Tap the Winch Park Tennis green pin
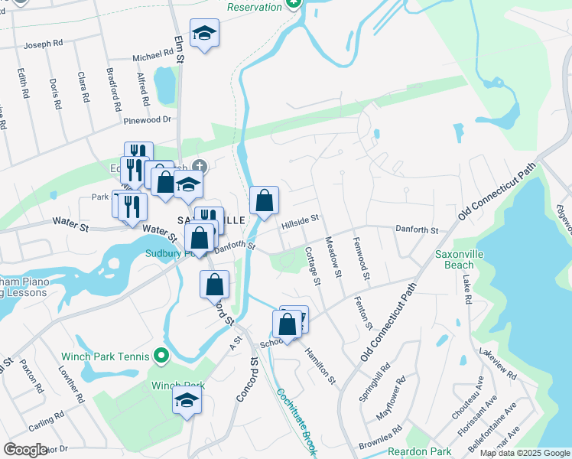[x=160, y=356]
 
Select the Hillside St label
[x=299, y=220]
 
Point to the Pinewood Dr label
[x=147, y=120]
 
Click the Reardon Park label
[x=417, y=451]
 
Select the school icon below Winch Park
[x=187, y=400]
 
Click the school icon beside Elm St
[x=204, y=33]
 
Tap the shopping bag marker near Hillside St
[x=264, y=201]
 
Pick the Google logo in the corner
[x=26, y=450]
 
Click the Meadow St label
[x=333, y=252]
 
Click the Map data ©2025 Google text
[x=524, y=453]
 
